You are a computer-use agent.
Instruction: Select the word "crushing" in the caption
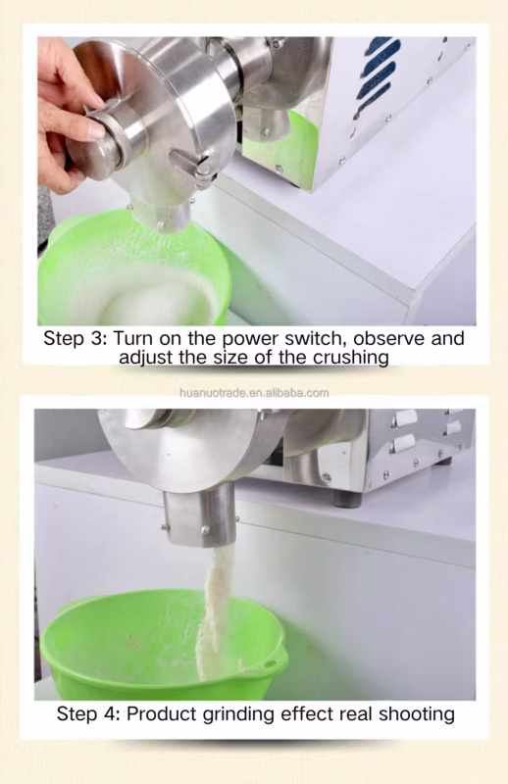click(x=351, y=358)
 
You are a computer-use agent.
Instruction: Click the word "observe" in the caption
click(x=389, y=338)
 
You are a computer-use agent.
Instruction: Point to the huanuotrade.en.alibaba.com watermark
click(x=254, y=393)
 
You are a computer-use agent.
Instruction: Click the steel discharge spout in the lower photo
click(x=200, y=515)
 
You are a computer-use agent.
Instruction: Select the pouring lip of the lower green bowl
click(x=273, y=662)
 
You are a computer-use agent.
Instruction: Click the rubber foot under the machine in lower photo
click(x=348, y=500)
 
